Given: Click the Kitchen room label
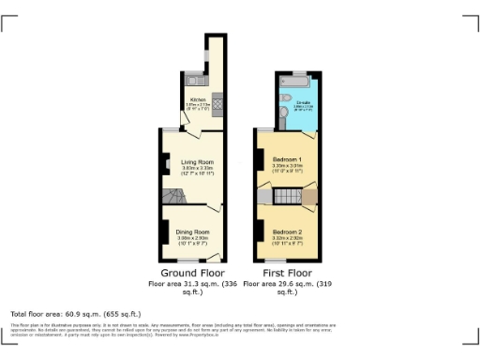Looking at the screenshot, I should pyautogui.click(x=198, y=98).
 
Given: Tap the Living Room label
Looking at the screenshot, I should pyautogui.click(x=198, y=162).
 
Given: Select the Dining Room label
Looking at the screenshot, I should pyautogui.click(x=194, y=231).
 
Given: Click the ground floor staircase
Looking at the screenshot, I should pyautogui.click(x=174, y=196).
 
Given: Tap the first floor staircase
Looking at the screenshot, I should pyautogui.click(x=286, y=196).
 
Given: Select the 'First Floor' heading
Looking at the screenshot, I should pyautogui.click(x=287, y=273).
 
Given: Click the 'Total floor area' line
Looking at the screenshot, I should pyautogui.click(x=75, y=313).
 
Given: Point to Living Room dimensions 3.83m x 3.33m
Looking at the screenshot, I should pyautogui.click(x=198, y=169).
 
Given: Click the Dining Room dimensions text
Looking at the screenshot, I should pyautogui.click(x=194, y=237).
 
